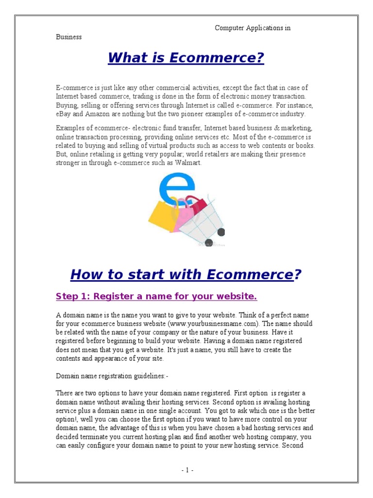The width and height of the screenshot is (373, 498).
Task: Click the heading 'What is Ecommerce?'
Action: pos(186,58)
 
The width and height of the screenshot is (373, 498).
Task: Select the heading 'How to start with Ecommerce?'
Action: pos(186,275)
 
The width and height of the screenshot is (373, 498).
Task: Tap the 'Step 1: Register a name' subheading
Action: pos(156,296)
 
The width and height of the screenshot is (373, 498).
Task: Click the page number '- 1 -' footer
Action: pos(187,470)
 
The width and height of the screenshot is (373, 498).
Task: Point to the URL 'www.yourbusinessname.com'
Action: pos(209,324)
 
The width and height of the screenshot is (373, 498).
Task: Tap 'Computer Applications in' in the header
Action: pos(253,28)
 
